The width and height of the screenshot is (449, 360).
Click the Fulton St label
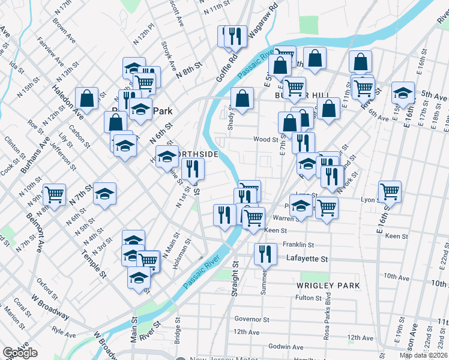[309, 298]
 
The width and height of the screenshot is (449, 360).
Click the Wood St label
[266, 139]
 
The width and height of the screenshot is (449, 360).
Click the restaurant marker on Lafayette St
[264, 253]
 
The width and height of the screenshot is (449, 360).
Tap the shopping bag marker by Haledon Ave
[87, 99]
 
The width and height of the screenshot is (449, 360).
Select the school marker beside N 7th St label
[104, 193]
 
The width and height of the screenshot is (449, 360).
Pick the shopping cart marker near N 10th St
[54, 194]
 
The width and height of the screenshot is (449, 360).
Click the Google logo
[20, 353]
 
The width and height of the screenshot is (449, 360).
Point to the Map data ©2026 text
[423, 355]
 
